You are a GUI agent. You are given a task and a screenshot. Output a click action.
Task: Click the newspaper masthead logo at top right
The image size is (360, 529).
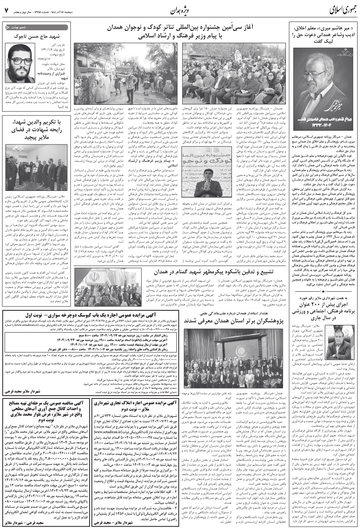[x=338, y=9]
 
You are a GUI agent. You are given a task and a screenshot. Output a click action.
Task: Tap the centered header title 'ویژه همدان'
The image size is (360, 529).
[x=183, y=9]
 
